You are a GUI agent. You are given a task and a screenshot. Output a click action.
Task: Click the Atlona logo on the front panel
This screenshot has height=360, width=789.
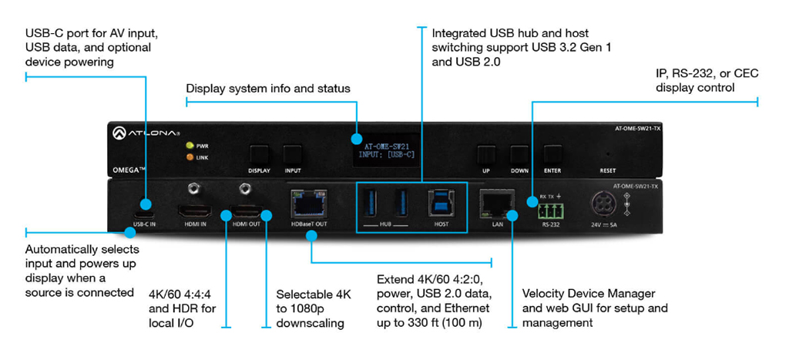[146, 134]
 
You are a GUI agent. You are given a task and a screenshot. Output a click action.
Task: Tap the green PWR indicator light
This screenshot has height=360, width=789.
[189, 145]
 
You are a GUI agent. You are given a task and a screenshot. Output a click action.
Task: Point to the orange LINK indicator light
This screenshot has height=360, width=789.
[189, 157]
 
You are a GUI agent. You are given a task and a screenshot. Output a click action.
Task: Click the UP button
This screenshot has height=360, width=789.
[485, 153]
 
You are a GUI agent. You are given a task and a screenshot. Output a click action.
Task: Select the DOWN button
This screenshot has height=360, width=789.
[519, 153]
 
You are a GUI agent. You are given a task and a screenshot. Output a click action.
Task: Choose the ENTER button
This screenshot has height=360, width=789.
[552, 153]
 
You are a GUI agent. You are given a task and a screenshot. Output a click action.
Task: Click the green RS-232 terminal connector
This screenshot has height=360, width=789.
[550, 210]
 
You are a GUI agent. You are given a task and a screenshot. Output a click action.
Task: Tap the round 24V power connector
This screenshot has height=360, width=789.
[603, 204]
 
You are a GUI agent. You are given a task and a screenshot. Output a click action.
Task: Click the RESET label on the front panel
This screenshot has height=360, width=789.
[609, 170]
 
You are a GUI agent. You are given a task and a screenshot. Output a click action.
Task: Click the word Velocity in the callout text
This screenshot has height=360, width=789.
[543, 293]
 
